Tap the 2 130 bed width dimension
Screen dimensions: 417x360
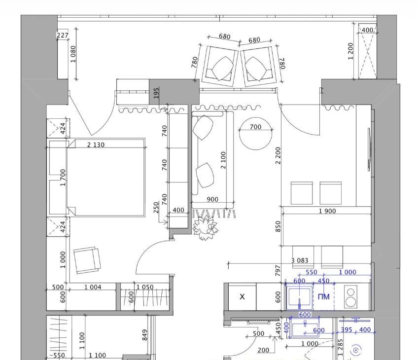[96, 145]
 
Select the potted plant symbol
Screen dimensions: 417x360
[206, 228]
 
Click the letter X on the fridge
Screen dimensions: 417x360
[242, 297]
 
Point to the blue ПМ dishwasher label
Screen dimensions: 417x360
[324, 297]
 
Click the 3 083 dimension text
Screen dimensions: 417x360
[300, 260]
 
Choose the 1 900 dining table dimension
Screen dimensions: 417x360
[327, 211]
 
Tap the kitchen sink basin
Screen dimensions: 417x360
[299, 297]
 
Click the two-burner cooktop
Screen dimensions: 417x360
[351, 297]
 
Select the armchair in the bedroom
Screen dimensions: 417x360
[87, 260]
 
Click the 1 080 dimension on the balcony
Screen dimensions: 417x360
[73, 54]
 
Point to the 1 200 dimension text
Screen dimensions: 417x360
[350, 51]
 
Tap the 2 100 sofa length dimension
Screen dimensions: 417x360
[223, 160]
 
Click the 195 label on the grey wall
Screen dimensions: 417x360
[156, 93]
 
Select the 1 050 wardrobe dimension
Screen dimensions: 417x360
[145, 287]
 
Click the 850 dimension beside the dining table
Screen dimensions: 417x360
[278, 226]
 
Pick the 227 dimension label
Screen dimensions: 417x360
[63, 35]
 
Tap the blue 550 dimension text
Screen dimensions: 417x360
[312, 272]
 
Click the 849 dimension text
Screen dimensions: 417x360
[145, 335]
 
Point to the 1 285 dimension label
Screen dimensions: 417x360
[341, 347]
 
